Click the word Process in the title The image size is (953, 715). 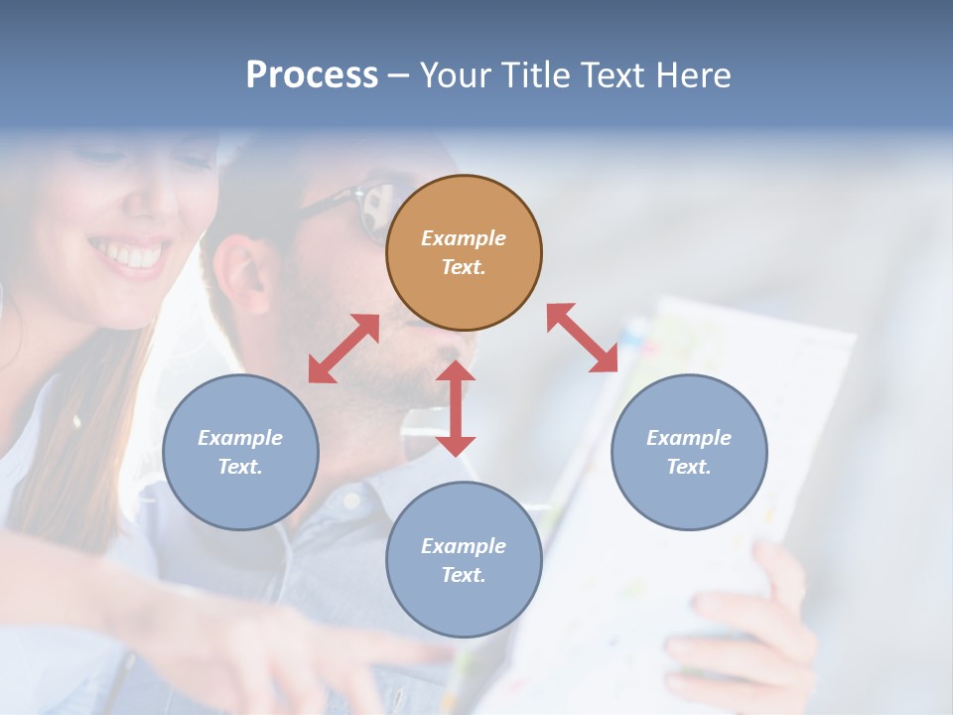tap(312, 75)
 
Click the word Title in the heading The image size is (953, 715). tap(535, 75)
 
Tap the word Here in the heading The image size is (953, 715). tap(692, 75)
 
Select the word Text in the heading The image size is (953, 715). tap(612, 75)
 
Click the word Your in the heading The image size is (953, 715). tap(456, 75)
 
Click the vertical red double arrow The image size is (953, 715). tap(456, 408)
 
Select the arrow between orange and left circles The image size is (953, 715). tap(343, 349)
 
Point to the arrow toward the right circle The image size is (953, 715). tap(582, 338)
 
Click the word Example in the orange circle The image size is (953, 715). tap(464, 238)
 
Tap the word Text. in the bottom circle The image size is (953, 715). tap(464, 575)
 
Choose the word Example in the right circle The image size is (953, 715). tap(689, 438)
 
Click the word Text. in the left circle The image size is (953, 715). tap(240, 467)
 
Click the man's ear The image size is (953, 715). tap(239, 273)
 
